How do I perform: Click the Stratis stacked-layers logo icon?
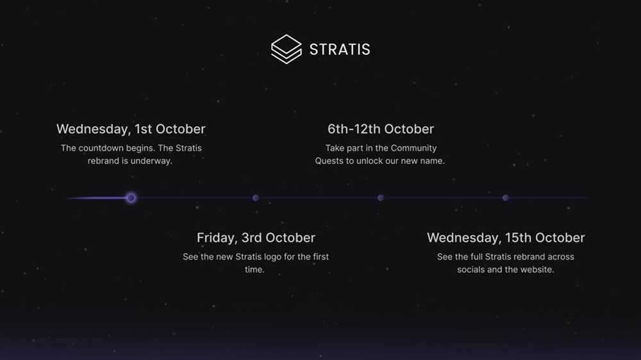tap(286, 49)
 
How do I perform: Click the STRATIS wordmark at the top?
tap(340, 49)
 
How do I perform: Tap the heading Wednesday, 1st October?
tap(131, 129)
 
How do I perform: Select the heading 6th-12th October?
tap(381, 129)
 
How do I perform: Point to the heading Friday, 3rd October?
tap(256, 238)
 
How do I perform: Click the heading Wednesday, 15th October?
tap(506, 238)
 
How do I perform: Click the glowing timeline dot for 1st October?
tap(131, 198)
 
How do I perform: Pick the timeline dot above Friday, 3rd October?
tap(256, 198)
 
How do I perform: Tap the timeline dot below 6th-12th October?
tap(381, 198)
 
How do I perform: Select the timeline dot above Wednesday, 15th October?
tap(506, 198)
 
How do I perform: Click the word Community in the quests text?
tap(413, 149)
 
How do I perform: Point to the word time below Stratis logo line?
tap(254, 270)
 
